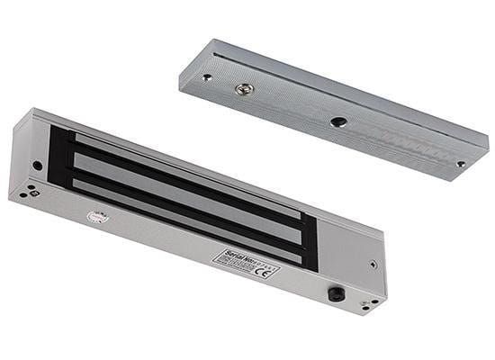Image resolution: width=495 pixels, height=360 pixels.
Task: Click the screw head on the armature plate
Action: coord(241,88)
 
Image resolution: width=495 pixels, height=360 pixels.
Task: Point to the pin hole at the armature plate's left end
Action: coord(208,77)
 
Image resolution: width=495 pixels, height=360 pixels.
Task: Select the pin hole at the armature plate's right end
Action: coord(461,164)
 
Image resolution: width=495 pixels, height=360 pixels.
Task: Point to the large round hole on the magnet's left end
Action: coord(37,166)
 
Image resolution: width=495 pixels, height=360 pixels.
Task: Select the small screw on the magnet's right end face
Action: coord(372,265)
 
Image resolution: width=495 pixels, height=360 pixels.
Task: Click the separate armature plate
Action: coord(333,108)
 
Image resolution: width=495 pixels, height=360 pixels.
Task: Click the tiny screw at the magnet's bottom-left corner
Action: coord(30,191)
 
